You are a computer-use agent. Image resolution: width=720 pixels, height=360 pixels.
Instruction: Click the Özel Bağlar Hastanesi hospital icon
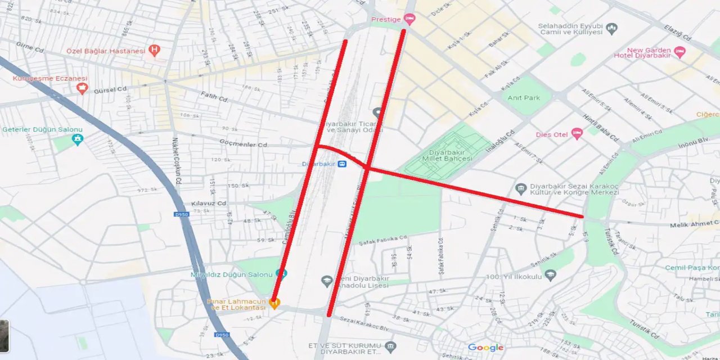154,51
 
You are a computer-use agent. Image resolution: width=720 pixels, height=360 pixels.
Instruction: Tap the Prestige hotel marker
409,20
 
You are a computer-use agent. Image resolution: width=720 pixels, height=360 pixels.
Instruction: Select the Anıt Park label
524,98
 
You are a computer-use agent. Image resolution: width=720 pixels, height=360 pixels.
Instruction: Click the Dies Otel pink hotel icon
577,134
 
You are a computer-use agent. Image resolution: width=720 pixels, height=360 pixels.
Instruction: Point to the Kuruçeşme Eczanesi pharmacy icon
83,88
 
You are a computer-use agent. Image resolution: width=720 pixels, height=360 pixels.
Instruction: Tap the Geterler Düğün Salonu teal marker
78,139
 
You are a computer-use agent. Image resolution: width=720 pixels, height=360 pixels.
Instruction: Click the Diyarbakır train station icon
341,164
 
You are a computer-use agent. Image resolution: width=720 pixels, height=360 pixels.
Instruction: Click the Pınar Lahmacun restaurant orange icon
274,304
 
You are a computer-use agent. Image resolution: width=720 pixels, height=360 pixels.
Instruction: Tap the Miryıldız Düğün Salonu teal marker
282,274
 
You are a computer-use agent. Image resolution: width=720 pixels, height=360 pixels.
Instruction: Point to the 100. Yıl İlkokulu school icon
550,275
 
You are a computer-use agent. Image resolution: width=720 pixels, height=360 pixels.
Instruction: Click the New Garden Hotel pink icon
679,52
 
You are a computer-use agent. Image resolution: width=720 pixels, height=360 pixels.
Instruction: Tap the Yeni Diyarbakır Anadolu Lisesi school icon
327,281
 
